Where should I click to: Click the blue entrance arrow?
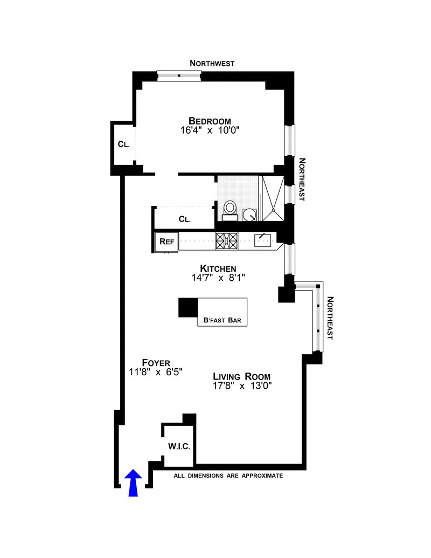tap(134, 483)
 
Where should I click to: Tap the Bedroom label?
tap(210, 121)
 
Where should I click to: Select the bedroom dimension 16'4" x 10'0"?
tap(210, 130)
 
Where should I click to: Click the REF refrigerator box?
tap(166, 242)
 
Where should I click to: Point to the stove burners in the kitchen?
tap(226, 240)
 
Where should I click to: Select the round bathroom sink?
tap(250, 215)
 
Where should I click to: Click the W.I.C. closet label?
tap(179, 446)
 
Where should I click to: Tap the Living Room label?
tap(241, 376)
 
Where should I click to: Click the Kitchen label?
tap(218, 268)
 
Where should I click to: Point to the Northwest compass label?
tap(212, 63)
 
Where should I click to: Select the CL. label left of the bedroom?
tap(124, 144)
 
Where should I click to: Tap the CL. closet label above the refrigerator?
tap(185, 219)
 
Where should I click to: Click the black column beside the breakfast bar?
tap(189, 307)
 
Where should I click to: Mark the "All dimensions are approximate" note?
tap(228, 476)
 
